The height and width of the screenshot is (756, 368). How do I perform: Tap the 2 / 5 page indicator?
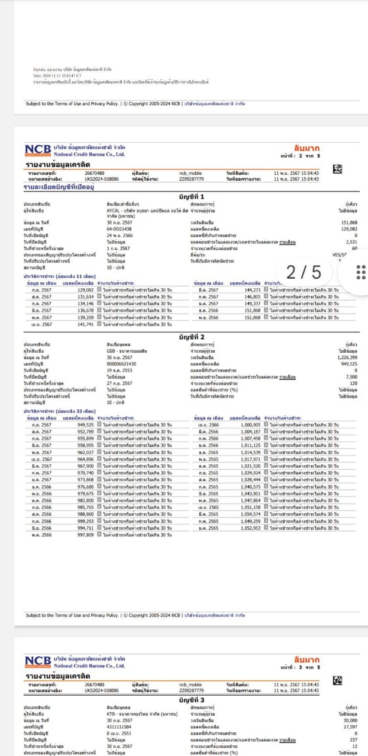[x=304, y=272]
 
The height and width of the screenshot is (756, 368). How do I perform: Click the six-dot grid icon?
[x=359, y=272]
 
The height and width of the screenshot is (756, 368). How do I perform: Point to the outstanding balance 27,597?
[x=349, y=726]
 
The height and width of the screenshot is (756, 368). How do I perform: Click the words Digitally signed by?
[x=46, y=69]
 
